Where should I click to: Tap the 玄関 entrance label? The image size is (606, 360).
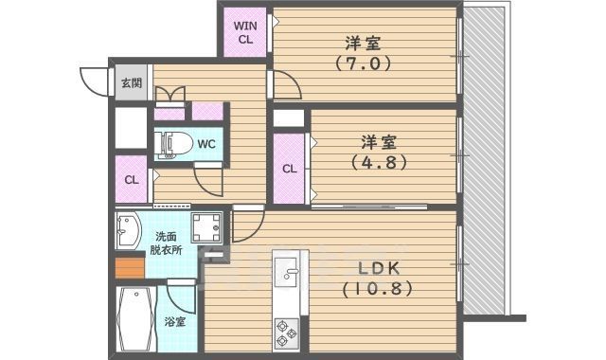tap(131, 82)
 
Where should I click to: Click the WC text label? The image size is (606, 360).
tap(207, 144)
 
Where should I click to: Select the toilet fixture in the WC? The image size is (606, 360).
tap(170, 145)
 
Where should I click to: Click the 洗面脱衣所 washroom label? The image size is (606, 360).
tap(170, 245)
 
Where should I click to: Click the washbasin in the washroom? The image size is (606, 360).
tap(128, 229)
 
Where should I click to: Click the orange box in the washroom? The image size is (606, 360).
tap(127, 268)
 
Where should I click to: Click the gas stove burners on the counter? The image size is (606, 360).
tap(287, 332)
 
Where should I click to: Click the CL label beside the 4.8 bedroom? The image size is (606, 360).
tap(290, 169)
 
